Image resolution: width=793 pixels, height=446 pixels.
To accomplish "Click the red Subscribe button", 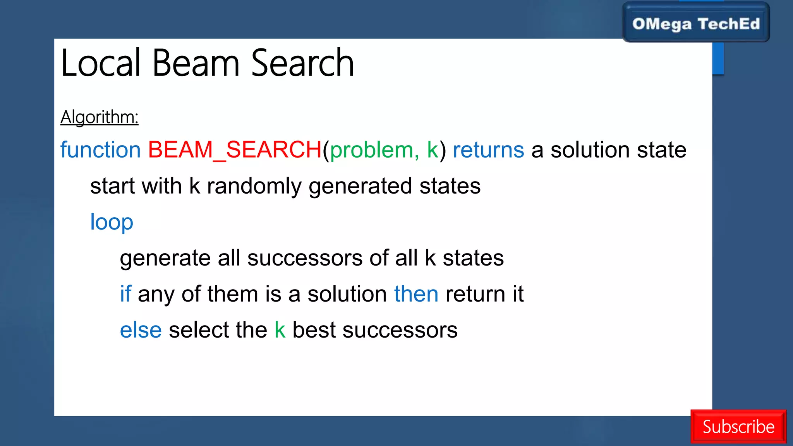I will pyautogui.click(x=738, y=426).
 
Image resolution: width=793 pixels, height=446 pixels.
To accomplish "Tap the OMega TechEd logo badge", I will pyautogui.click(x=696, y=23).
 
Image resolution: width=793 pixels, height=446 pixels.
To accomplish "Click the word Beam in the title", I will pyautogui.click(x=196, y=63).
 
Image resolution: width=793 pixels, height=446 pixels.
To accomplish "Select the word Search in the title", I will pyautogui.click(x=302, y=63).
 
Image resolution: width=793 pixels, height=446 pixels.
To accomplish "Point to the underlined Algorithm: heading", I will pyautogui.click(x=100, y=117).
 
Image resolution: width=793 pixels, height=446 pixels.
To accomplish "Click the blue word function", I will pyautogui.click(x=101, y=150).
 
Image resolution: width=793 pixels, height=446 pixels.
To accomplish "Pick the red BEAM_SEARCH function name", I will pyautogui.click(x=235, y=150).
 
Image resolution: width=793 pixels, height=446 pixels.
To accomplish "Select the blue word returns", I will pyautogui.click(x=488, y=150).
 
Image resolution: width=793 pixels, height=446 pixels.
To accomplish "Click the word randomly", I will pyautogui.click(x=254, y=186).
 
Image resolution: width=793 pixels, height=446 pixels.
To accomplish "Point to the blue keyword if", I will pyautogui.click(x=125, y=293).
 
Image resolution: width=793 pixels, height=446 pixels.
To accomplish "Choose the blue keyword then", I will pyautogui.click(x=416, y=294).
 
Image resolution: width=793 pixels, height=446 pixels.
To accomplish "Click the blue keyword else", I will pyautogui.click(x=141, y=330).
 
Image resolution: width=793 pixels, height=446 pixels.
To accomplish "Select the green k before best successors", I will pyautogui.click(x=280, y=330).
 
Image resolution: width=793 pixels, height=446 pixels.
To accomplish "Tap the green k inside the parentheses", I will pyautogui.click(x=433, y=150).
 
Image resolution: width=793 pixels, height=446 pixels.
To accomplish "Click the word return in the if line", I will pyautogui.click(x=475, y=294).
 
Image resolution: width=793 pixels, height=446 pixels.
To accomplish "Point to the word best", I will pyautogui.click(x=314, y=330).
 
